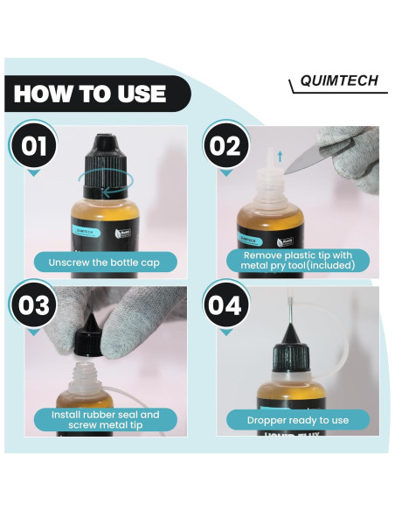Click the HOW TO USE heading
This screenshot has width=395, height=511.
coord(90,94)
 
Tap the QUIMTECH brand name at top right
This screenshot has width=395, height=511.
coord(336,81)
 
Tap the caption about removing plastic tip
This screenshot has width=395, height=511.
coord(295,260)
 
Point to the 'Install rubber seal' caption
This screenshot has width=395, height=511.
coord(105,421)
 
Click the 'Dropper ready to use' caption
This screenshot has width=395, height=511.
coord(295,420)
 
